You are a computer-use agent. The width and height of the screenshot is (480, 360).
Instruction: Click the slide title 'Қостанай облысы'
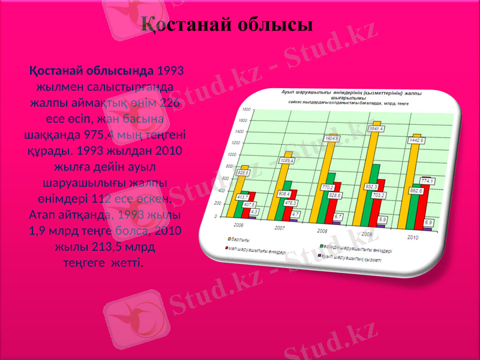tap(227, 25)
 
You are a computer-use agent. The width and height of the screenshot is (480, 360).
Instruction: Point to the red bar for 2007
tap(293, 207)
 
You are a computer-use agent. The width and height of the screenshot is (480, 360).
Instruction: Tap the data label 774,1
tap(427, 181)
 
